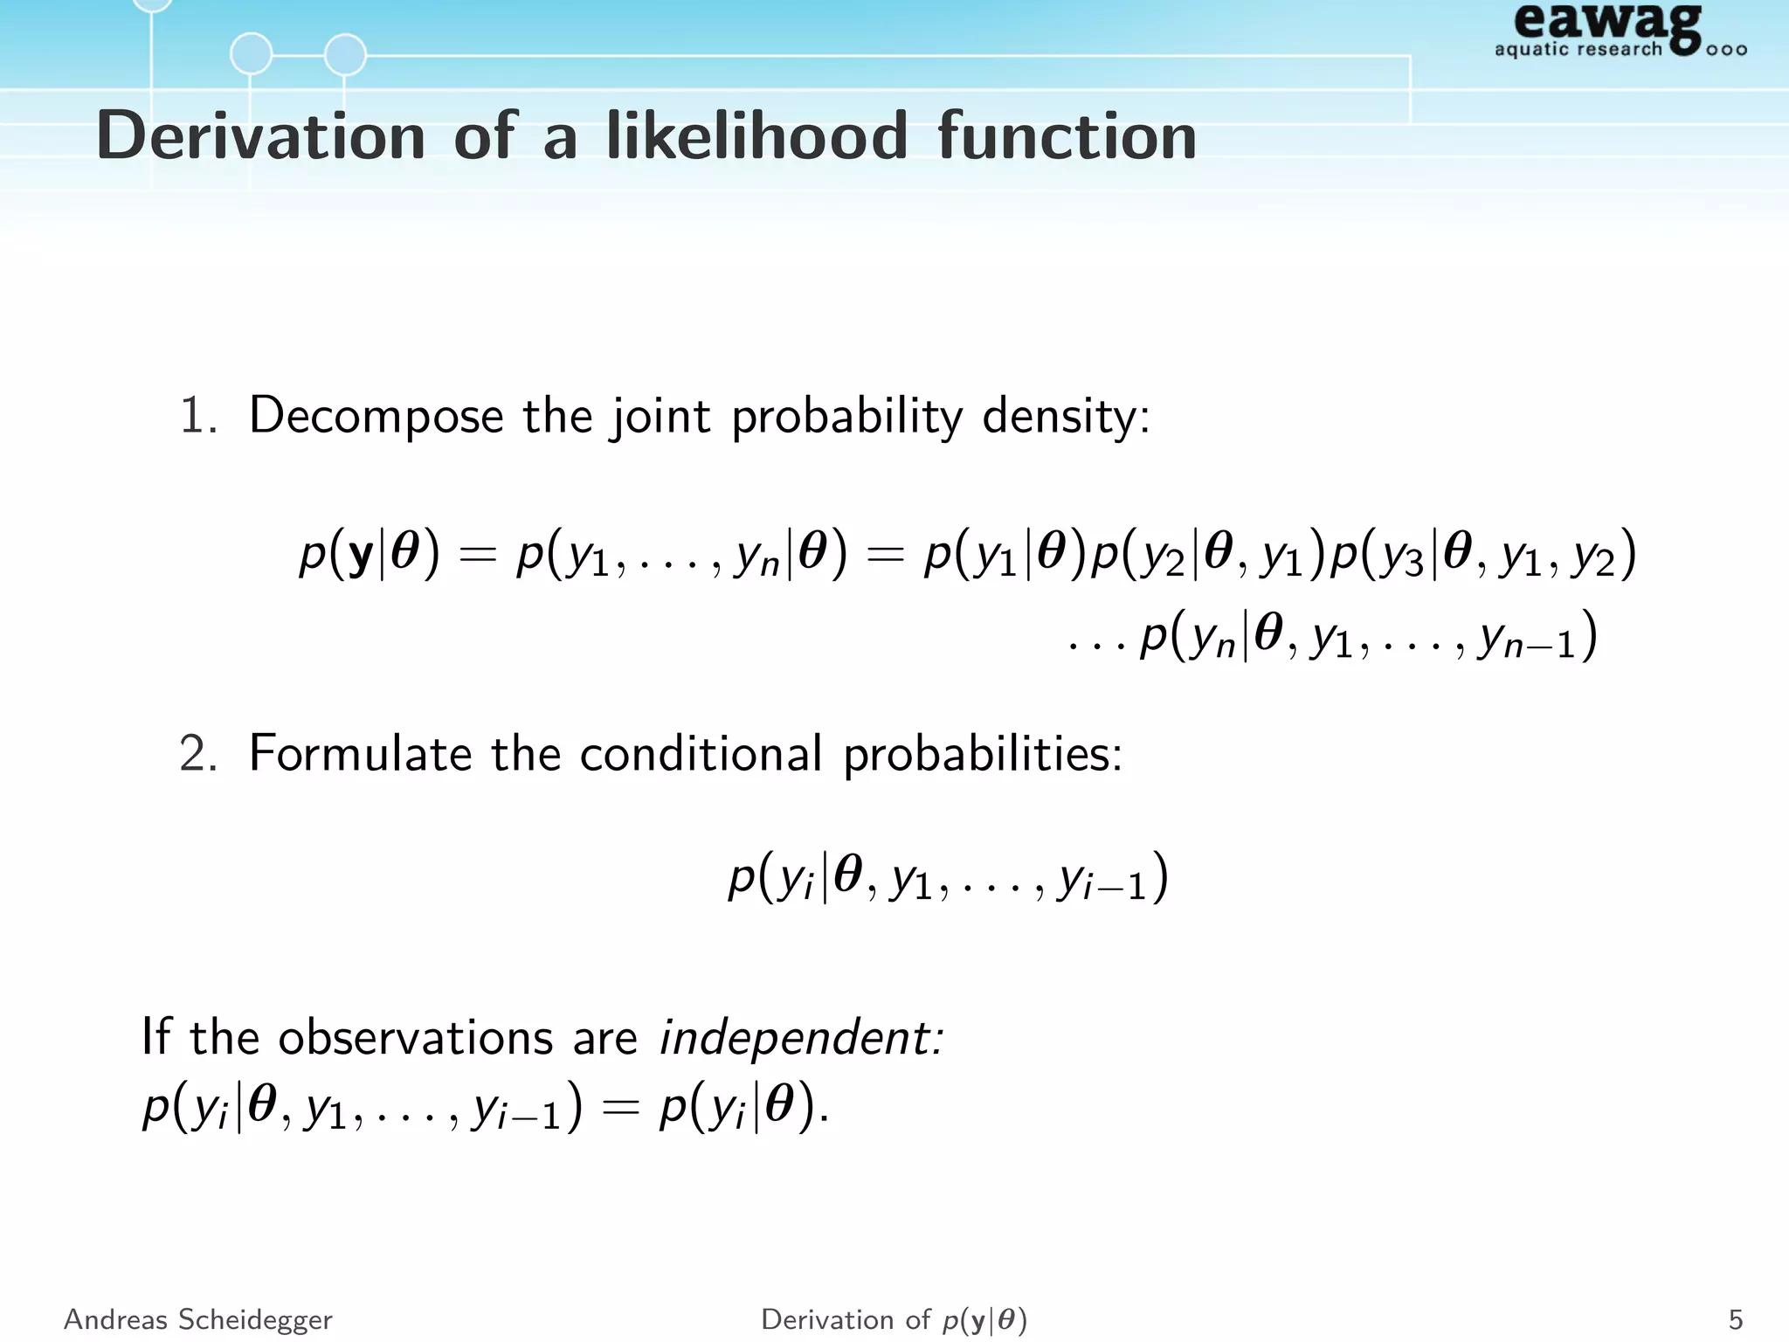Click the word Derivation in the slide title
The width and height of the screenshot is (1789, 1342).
260,136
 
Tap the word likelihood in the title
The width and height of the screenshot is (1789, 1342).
757,136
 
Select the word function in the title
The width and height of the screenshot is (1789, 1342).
1067,136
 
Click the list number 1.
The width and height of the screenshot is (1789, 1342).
197,415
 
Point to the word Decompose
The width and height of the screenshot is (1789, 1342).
376,415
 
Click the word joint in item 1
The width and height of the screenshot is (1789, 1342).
660,415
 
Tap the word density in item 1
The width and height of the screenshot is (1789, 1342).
1065,415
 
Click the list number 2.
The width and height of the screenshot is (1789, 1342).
197,753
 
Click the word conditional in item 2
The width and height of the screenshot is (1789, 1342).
701,753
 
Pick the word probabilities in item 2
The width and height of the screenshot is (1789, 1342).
982,753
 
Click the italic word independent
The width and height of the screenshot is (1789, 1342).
800,1038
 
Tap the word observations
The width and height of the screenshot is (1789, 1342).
415,1038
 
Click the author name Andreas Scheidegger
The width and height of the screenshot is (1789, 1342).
198,1319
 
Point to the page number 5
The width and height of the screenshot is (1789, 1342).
1735,1319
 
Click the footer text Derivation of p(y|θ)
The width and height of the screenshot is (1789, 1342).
894,1319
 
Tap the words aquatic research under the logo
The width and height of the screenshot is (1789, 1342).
1578,49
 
